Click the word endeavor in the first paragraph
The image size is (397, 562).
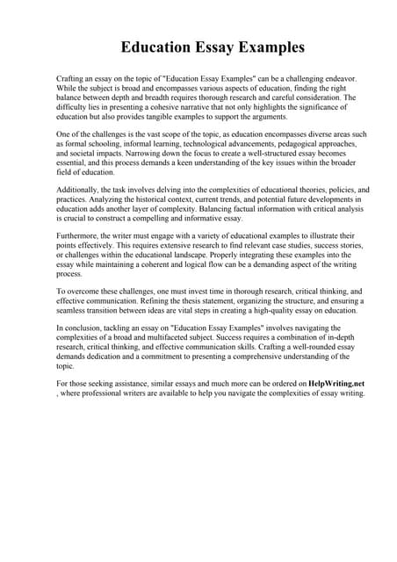pos(324,78)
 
